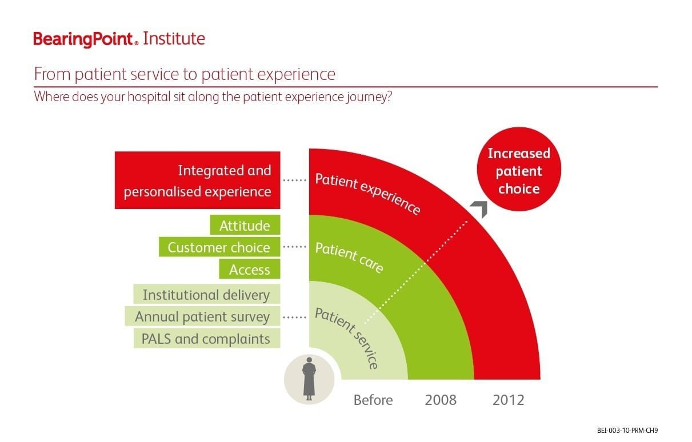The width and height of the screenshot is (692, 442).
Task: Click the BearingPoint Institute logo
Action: point(119,39)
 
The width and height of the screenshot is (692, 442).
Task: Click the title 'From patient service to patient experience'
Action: point(185,74)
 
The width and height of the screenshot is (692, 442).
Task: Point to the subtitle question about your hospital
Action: point(213,96)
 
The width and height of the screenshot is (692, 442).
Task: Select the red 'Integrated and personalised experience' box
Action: point(197,180)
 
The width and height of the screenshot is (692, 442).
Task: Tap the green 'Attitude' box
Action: point(245,226)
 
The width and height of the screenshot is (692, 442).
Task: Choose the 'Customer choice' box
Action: point(219,247)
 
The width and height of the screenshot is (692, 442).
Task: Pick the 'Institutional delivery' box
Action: point(206,295)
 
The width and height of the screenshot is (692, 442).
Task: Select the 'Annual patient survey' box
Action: point(202,316)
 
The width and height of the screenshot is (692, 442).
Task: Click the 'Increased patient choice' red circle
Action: point(519,170)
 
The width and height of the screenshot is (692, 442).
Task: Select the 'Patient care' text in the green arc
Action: point(349,258)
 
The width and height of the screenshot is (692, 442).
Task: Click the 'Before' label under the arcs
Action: point(373,400)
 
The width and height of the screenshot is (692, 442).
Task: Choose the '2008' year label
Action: point(441,400)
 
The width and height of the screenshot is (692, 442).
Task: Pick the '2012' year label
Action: point(508,400)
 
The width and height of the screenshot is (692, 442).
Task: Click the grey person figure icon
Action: point(309,378)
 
